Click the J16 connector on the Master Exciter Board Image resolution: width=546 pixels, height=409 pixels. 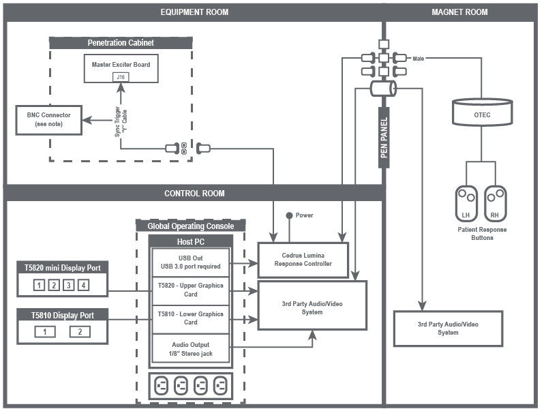pos(121,77)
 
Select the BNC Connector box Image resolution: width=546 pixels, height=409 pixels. pos(48,119)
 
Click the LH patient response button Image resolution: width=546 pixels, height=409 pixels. pos(466,203)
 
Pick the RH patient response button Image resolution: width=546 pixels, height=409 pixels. pos(496,203)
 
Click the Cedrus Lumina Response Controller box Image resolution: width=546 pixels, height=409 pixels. pos(302,260)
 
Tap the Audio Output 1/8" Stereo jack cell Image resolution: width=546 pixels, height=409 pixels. pos(191,349)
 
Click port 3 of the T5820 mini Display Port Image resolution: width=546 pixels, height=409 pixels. pos(69,285)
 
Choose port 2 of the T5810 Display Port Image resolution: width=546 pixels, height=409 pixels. pos(79,331)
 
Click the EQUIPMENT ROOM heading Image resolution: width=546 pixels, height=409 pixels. pos(194,12)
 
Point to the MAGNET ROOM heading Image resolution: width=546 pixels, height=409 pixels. pos(459,12)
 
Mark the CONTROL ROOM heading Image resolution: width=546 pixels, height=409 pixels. pos(194,193)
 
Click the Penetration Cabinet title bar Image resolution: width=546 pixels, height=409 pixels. pos(121,42)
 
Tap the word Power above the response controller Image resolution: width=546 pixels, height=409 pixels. pos(305,215)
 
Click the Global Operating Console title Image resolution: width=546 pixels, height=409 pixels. pos(191,226)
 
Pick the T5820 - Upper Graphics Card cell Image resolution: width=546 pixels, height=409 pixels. pos(191,290)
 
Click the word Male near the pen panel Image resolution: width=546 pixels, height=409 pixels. pos(419,59)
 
